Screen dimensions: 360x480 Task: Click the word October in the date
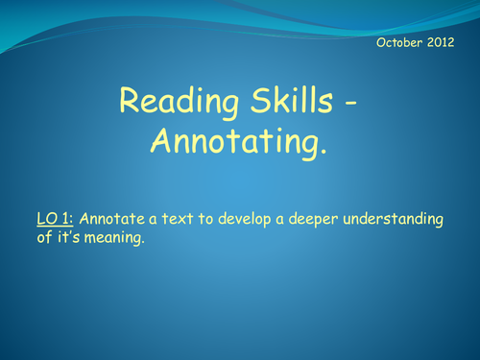click(x=396, y=42)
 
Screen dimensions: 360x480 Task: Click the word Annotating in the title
click(x=234, y=141)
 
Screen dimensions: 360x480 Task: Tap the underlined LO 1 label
click(x=49, y=220)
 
